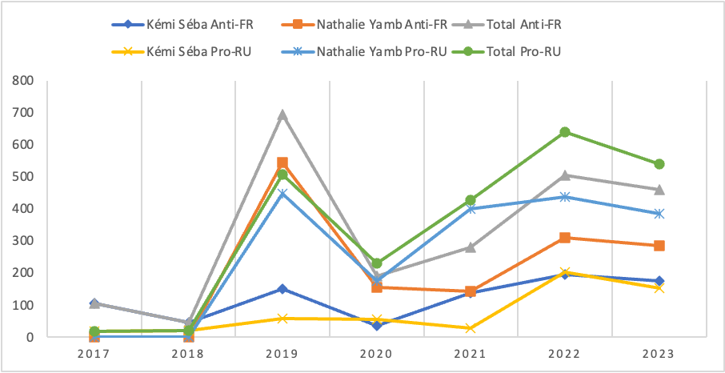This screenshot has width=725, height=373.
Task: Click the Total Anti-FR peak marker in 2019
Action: [282, 114]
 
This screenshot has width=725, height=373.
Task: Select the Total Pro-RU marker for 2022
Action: [564, 132]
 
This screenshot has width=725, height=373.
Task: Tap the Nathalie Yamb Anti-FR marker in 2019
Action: [282, 162]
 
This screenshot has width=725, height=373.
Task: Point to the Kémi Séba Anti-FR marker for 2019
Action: [282, 289]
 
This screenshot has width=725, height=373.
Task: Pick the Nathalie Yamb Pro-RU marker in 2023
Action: [659, 214]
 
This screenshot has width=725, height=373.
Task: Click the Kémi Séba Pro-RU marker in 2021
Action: [471, 328]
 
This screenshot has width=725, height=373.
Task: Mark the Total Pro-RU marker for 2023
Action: [659, 164]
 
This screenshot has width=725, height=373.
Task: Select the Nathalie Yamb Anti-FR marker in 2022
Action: [564, 238]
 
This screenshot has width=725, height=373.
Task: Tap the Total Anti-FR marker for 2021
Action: [471, 247]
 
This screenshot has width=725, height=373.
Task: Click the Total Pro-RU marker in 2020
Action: [376, 263]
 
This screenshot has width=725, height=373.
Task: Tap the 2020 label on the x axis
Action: [376, 354]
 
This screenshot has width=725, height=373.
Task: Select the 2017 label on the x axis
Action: [94, 354]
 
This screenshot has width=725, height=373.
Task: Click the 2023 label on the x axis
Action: [659, 354]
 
